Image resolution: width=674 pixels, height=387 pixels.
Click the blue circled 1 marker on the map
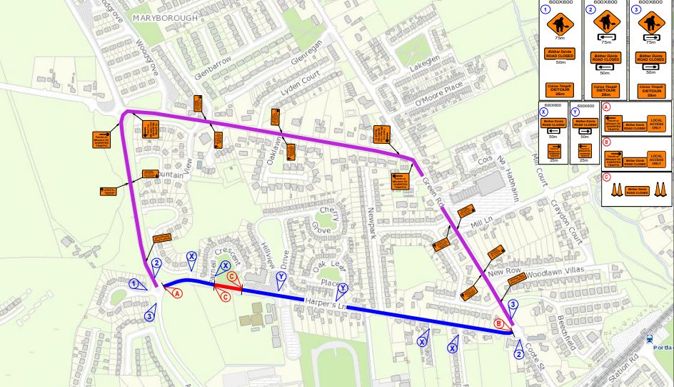tap(134, 284)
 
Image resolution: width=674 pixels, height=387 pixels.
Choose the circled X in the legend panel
tap(544, 112)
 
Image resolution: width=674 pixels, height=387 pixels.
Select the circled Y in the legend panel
tap(575, 112)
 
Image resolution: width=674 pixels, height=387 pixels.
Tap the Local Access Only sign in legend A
tap(656, 124)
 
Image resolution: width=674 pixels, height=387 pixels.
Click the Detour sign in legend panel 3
tap(650, 91)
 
